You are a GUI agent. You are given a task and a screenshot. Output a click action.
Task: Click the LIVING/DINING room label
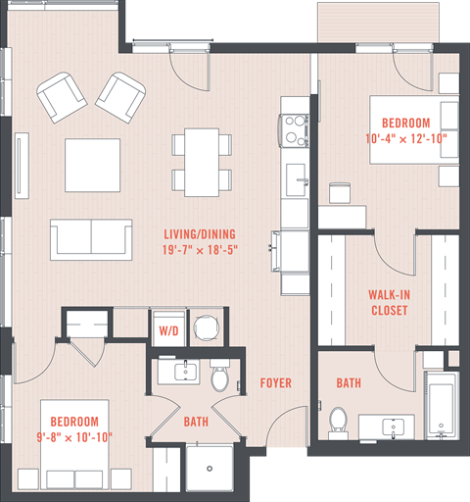tap(201, 233)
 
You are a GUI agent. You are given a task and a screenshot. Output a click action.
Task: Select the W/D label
tap(167, 331)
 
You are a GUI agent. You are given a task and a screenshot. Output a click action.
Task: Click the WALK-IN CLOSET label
tap(389, 302)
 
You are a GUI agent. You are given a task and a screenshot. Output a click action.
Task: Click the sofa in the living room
tap(92, 237)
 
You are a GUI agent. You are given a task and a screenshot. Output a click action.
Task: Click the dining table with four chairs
tap(203, 160)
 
